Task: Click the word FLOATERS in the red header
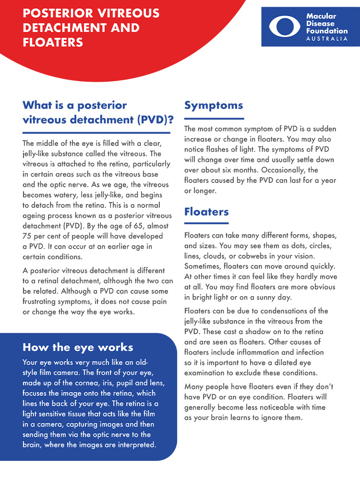[53, 42]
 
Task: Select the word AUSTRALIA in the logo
[327, 38]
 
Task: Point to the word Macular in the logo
[321, 16]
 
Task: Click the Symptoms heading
[214, 106]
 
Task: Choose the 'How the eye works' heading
[78, 347]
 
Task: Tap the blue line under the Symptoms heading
[214, 118]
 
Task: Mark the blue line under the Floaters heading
[206, 223]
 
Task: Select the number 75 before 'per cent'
[28, 237]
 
